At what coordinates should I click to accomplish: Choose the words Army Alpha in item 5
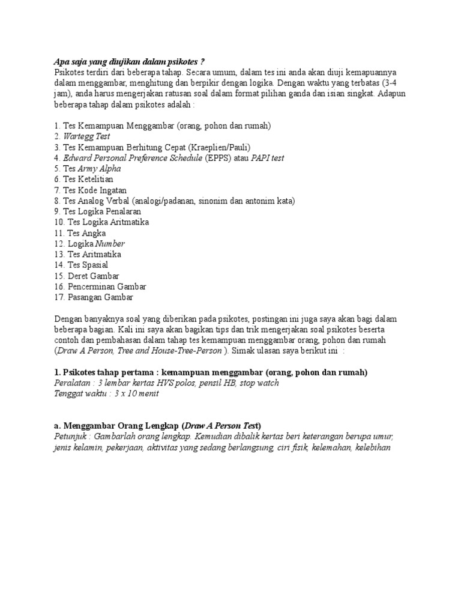click(99, 169)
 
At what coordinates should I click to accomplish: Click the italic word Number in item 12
click(110, 244)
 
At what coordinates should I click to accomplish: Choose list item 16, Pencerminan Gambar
click(100, 286)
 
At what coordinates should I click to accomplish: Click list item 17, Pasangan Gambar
click(93, 297)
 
